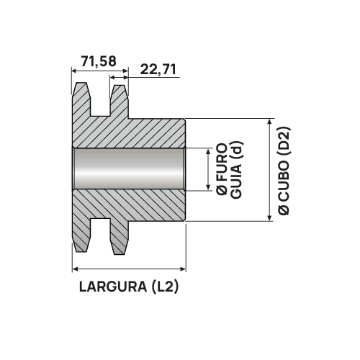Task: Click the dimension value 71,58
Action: click(x=99, y=63)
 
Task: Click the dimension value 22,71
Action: click(x=159, y=69)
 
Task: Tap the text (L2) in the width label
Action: click(x=165, y=287)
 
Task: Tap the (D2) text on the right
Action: click(x=284, y=141)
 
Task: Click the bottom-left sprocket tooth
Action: click(x=82, y=238)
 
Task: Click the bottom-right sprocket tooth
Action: click(x=119, y=238)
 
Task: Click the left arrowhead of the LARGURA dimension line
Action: click(x=76, y=269)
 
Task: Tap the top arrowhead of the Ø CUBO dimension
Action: click(x=270, y=123)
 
